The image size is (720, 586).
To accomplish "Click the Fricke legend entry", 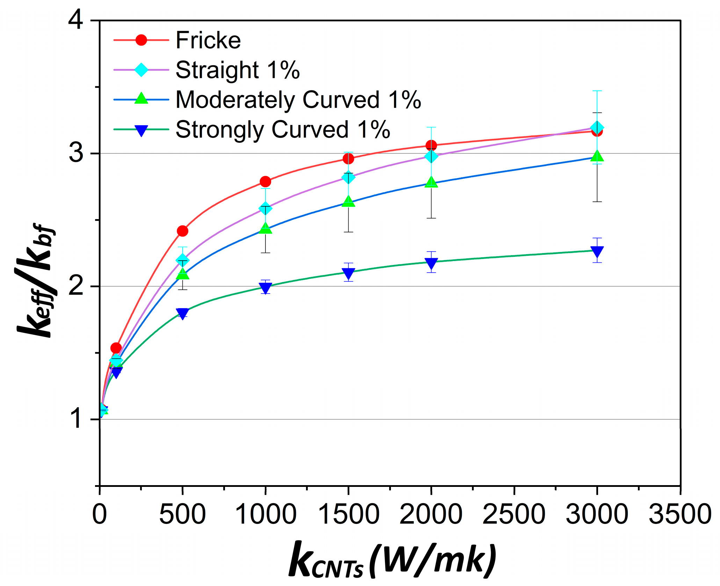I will pyautogui.click(x=208, y=40).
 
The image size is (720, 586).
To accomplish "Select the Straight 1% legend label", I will pyautogui.click(x=238, y=70).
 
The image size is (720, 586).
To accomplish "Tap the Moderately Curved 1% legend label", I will pyautogui.click(x=298, y=100).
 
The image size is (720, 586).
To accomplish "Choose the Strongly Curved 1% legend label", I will pyautogui.click(x=283, y=129).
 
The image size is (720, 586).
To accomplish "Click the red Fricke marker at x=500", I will pyautogui.click(x=182, y=231).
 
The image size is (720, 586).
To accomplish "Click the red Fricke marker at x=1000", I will pyautogui.click(x=266, y=181).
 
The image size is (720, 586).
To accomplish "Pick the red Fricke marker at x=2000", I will pyautogui.click(x=431, y=145).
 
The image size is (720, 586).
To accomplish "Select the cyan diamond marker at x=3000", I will pyautogui.click(x=597, y=127).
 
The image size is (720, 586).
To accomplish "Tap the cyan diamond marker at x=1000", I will pyautogui.click(x=266, y=208).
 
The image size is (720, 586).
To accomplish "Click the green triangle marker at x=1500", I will pyautogui.click(x=348, y=201).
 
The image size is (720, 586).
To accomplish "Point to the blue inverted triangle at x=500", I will pyautogui.click(x=182, y=313).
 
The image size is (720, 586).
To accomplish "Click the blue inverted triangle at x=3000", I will pyautogui.click(x=597, y=252).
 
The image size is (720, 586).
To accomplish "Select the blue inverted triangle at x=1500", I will pyautogui.click(x=348, y=273).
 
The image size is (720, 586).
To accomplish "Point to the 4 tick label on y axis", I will pyautogui.click(x=76, y=20).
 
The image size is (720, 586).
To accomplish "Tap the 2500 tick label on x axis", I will pyautogui.click(x=514, y=514).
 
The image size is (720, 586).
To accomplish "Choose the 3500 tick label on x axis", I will pyautogui.click(x=680, y=514).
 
